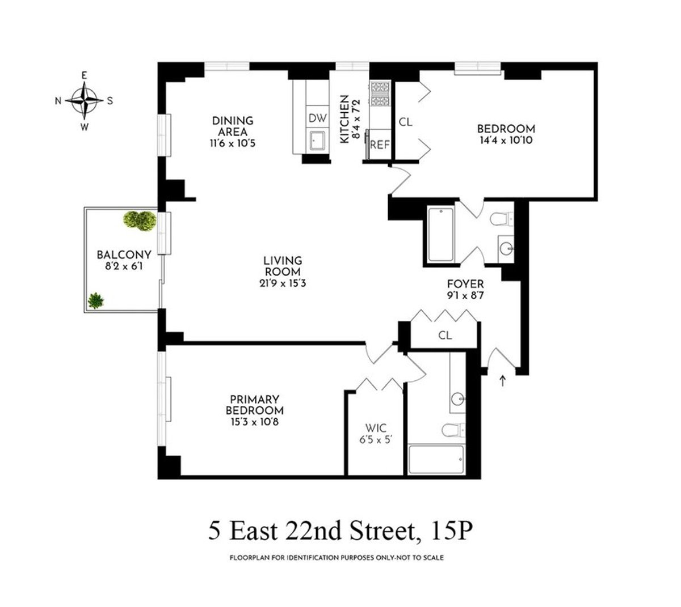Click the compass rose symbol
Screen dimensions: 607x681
click(x=85, y=100)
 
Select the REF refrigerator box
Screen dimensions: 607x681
click(x=380, y=144)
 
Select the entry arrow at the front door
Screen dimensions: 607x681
click(x=502, y=380)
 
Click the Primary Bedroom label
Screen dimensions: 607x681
click(x=254, y=405)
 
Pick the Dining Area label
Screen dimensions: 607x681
click(x=232, y=126)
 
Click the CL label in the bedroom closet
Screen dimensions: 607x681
click(x=405, y=122)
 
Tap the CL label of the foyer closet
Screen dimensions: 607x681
click(x=445, y=336)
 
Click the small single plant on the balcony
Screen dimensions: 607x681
click(x=96, y=300)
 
